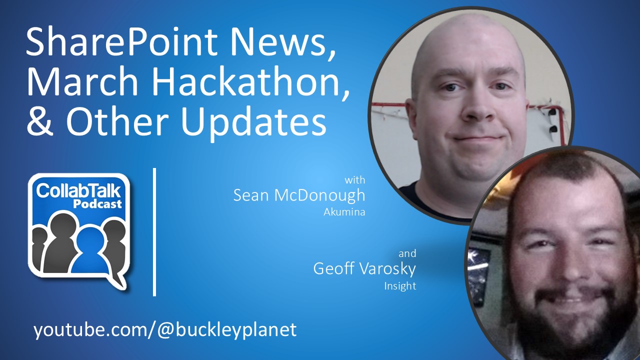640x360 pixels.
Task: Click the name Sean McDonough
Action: click(299, 195)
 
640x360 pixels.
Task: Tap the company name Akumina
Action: click(344, 211)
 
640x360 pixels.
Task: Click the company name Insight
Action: click(400, 286)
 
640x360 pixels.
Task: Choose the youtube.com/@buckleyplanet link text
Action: click(165, 329)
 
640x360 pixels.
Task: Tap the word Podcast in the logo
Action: click(97, 203)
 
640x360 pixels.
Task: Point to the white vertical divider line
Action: click(154, 232)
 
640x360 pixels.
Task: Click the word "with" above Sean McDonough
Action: click(355, 179)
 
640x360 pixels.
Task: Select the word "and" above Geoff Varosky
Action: click(407, 253)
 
